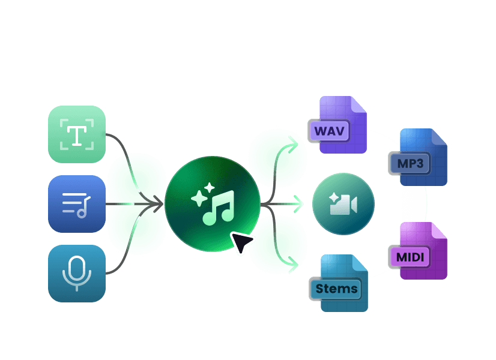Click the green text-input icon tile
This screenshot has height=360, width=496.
(x=77, y=134)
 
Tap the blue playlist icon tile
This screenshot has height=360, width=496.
(x=77, y=204)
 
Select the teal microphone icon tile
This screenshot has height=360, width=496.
(x=77, y=273)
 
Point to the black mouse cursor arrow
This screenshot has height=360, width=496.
(x=241, y=242)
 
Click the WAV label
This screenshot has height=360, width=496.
(x=328, y=131)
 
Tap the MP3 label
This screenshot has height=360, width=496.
(x=410, y=163)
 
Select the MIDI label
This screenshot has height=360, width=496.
(x=410, y=257)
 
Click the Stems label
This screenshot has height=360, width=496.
(x=336, y=289)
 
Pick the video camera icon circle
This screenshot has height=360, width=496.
(x=343, y=204)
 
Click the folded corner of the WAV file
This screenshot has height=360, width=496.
(x=358, y=104)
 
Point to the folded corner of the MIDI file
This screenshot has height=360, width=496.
(x=439, y=230)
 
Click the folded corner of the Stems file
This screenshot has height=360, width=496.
(x=360, y=263)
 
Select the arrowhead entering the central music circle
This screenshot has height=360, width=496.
(x=159, y=204)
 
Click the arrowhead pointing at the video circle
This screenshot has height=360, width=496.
(x=299, y=204)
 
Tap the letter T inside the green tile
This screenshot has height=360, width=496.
(x=76, y=134)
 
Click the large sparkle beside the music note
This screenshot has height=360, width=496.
(x=198, y=199)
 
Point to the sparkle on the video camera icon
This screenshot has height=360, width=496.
(x=334, y=198)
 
